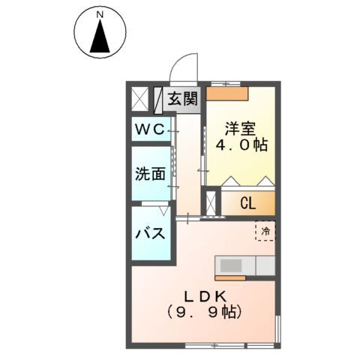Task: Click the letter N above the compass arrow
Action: [100, 15]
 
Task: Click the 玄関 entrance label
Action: [183, 98]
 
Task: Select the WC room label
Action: [150, 130]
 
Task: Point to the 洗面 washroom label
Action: [150, 173]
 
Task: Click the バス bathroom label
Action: [150, 234]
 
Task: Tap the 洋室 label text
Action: [240, 128]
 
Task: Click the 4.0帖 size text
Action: [241, 145]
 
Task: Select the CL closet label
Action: [248, 203]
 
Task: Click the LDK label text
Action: [205, 297]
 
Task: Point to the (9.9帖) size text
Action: [204, 312]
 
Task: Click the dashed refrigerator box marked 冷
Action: [265, 231]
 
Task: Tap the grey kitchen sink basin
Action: [231, 265]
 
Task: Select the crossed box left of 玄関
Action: [140, 99]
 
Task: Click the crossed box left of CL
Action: [211, 203]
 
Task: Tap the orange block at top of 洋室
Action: [227, 94]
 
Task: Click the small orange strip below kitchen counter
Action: [230, 278]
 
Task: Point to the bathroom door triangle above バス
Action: [164, 211]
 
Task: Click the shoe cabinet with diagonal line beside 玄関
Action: [157, 100]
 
